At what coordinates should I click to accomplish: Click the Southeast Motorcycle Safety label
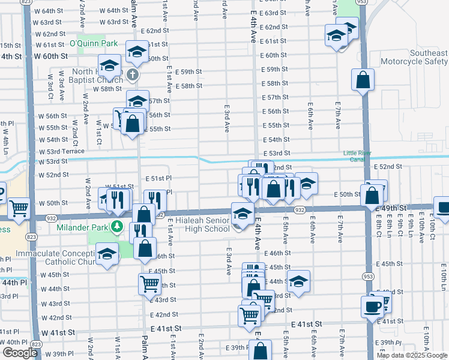click(420, 57)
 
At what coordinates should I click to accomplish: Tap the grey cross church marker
click(134, 75)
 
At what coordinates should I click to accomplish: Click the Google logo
click(20, 353)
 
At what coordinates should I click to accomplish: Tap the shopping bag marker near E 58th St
click(363, 79)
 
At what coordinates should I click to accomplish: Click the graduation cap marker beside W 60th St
click(110, 64)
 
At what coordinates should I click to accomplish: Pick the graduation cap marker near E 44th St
click(298, 281)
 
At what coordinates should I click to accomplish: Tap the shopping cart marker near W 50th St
click(19, 208)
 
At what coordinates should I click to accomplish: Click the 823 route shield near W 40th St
click(35, 344)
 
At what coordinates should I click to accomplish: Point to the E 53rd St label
click(276, 154)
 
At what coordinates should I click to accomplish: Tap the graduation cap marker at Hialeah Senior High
click(242, 213)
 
